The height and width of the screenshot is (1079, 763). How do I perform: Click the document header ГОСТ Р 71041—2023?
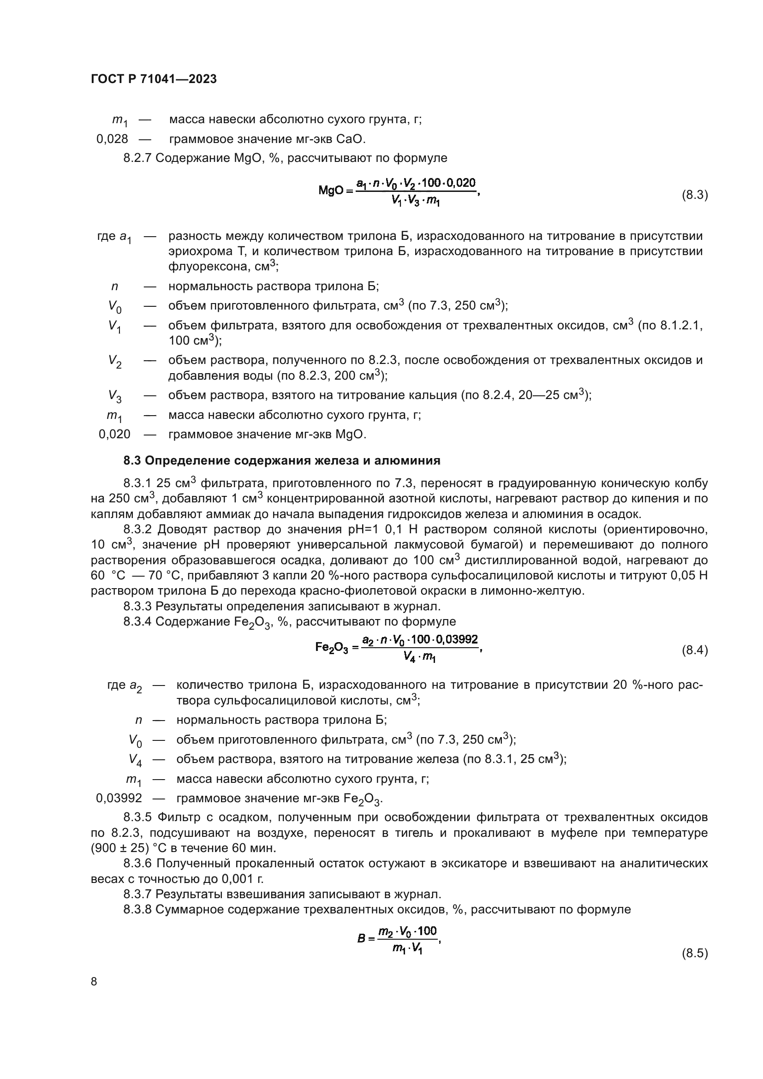pyautogui.click(x=154, y=79)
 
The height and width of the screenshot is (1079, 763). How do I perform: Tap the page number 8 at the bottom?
pyautogui.click(x=94, y=981)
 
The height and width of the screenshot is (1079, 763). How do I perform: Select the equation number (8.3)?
pyautogui.click(x=694, y=195)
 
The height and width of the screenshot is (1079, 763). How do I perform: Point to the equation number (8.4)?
pyautogui.click(x=694, y=650)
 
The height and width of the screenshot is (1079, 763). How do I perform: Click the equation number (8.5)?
pyautogui.click(x=694, y=953)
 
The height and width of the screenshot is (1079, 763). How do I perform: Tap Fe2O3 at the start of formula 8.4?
pyautogui.click(x=331, y=648)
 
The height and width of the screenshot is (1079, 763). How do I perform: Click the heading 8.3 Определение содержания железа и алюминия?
pyautogui.click(x=282, y=460)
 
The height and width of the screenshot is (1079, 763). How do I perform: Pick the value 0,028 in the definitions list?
pyautogui.click(x=112, y=139)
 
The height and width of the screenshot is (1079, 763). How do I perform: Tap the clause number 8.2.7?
pyautogui.click(x=137, y=158)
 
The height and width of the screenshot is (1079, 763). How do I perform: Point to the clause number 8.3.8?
pyautogui.click(x=137, y=909)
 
